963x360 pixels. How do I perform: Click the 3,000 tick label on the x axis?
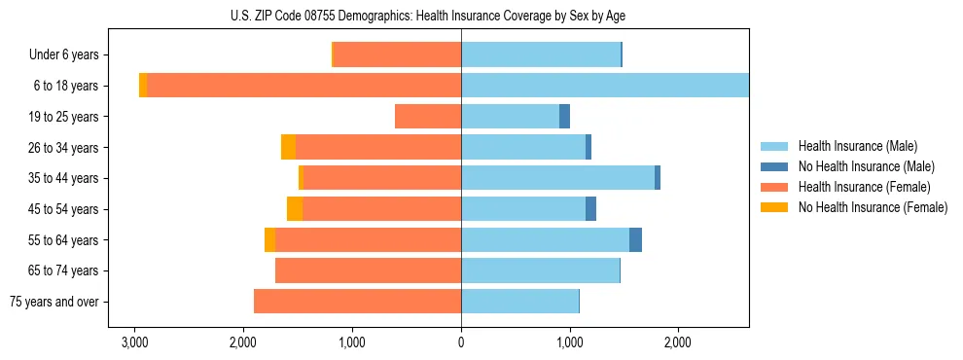tap(134, 342)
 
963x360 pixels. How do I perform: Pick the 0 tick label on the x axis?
tap(461, 342)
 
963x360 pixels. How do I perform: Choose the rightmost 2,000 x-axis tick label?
tap(678, 342)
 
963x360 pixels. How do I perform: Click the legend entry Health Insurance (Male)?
tap(857, 146)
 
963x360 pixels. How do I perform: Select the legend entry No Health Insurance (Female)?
tap(873, 207)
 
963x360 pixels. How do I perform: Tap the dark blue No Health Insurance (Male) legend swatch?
tap(774, 166)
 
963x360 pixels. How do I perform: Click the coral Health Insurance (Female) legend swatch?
tap(774, 187)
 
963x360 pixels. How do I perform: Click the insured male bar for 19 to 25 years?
tap(510, 117)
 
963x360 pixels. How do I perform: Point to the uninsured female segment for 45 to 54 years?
tap(295, 209)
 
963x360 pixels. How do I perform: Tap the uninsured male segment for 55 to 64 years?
tap(635, 239)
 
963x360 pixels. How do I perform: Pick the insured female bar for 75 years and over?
tap(357, 302)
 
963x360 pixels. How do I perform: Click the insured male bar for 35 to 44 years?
tap(557, 178)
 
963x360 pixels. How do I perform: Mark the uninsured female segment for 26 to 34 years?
tap(288, 147)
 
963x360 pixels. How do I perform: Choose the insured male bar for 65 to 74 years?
tap(540, 270)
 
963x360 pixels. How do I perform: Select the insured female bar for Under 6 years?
tap(397, 54)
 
